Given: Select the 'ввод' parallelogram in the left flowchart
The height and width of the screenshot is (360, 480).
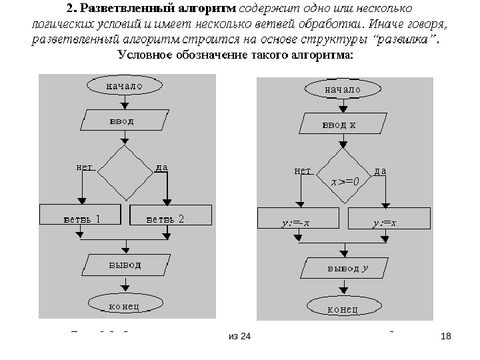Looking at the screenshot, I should [x=123, y=121].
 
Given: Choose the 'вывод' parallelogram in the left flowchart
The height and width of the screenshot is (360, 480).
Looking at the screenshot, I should [x=125, y=264].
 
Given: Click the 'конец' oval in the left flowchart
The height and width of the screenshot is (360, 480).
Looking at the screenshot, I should [x=123, y=306].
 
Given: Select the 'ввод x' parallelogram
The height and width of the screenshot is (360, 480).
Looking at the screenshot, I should [x=343, y=124].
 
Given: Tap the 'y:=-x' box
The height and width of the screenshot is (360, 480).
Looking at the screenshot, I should [x=297, y=221].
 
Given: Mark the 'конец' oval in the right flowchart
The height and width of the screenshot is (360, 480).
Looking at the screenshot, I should [x=343, y=308].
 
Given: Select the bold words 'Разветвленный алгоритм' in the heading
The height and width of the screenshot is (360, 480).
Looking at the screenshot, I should [x=157, y=10].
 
